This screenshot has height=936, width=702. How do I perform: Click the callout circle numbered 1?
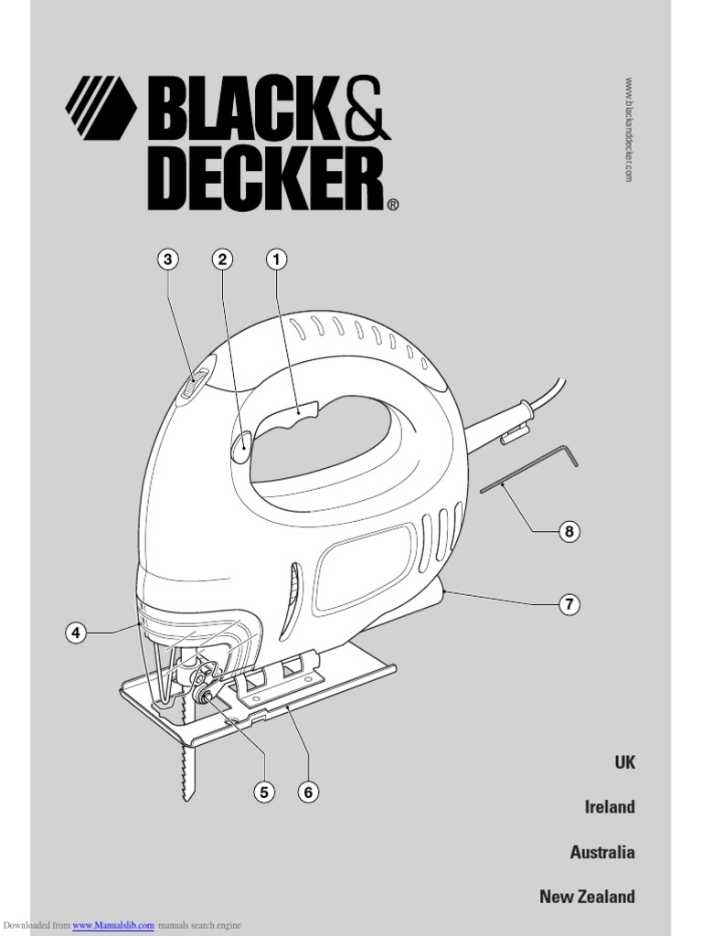coord(276,260)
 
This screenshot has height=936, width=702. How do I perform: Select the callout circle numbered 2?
coord(222,260)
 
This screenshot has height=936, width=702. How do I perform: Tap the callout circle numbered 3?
coord(167,260)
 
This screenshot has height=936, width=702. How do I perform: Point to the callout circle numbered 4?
coord(76,633)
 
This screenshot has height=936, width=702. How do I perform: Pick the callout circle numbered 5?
coord(264,792)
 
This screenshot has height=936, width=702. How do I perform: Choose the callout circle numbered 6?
coord(309,792)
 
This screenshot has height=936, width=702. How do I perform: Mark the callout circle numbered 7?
coord(569,604)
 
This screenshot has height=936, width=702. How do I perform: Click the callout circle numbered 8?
coord(569,531)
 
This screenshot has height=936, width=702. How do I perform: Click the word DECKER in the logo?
coord(265,182)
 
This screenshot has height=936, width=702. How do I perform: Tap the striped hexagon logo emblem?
coord(101,109)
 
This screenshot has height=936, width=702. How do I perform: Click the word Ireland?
coord(610,807)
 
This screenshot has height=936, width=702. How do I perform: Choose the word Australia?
coord(602,852)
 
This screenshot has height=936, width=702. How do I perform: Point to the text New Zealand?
coord(587,897)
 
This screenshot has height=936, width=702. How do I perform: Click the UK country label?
coord(624,762)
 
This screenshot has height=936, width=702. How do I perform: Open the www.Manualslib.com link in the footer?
coord(113,926)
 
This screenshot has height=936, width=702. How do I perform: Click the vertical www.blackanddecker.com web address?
coord(629,129)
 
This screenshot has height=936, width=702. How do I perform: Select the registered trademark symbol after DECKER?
coord(393,206)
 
